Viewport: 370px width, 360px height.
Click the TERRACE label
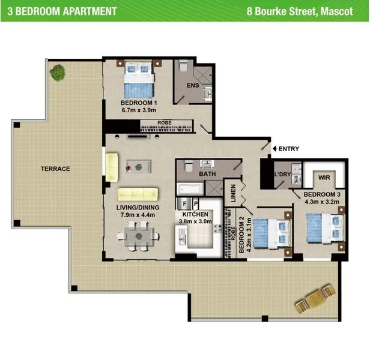55,169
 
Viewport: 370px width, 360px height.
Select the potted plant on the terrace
58,73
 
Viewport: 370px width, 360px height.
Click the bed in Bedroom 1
138,80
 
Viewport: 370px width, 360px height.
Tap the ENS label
192,86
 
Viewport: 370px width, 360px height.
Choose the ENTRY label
288,149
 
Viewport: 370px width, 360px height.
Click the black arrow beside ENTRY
274,149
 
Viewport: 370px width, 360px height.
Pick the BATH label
207,174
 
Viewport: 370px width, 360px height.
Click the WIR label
324,178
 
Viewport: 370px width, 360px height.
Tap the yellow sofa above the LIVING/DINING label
138,194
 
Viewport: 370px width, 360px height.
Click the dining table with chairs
138,236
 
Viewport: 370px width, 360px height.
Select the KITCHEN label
195,214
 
